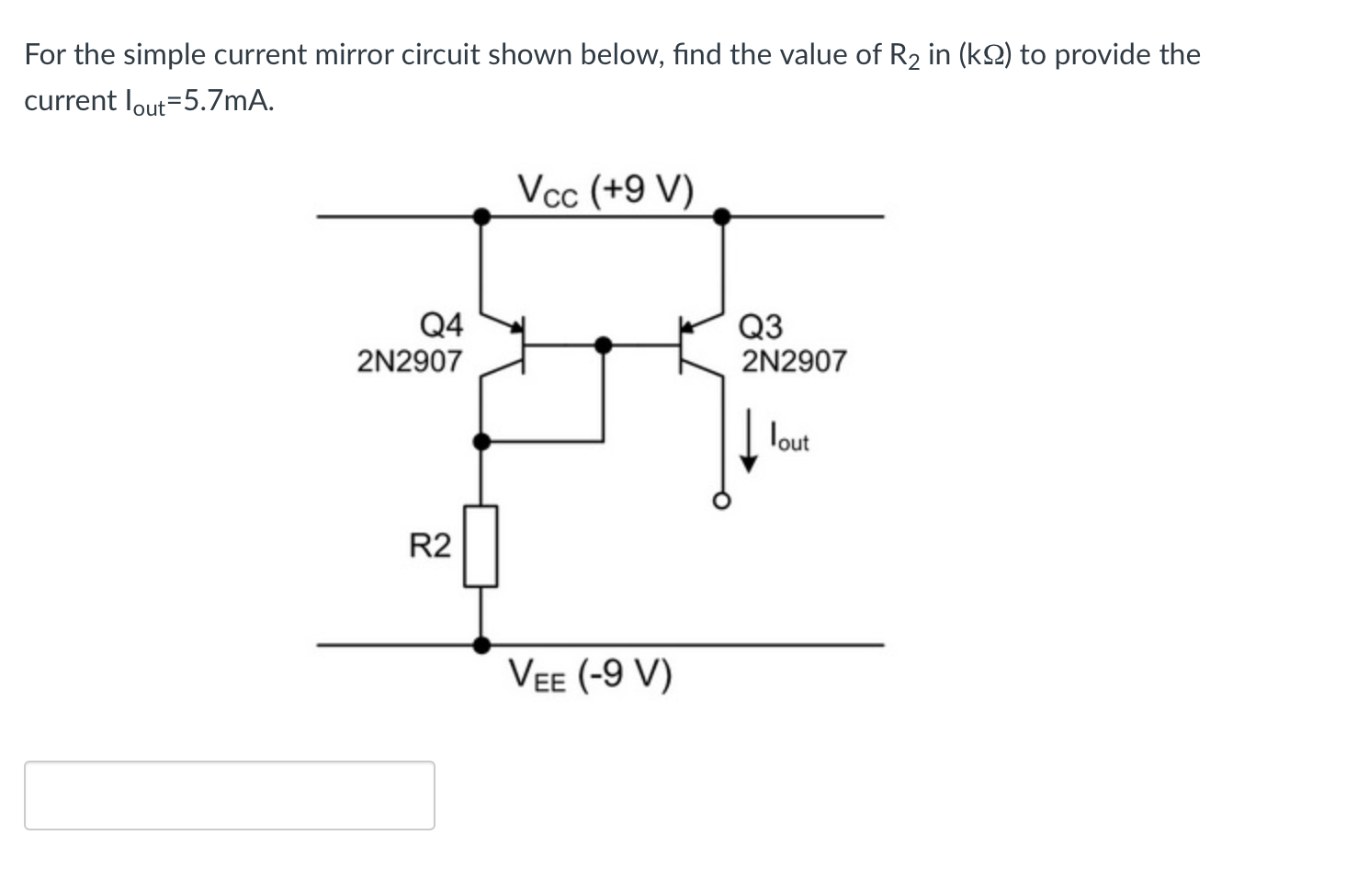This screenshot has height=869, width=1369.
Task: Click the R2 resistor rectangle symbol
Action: [x=481, y=546]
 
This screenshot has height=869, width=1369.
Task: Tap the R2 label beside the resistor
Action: [x=430, y=547]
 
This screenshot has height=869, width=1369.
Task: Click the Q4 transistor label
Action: [x=441, y=324]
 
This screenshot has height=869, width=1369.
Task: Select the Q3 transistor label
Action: [x=761, y=326]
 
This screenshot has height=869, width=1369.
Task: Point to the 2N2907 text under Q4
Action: [x=410, y=361]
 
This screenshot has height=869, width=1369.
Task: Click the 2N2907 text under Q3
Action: [x=794, y=361]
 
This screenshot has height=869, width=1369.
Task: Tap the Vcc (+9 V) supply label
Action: [x=605, y=190]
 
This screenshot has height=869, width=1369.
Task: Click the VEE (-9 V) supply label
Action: [x=591, y=676]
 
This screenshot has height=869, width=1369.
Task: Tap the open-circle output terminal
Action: [x=722, y=501]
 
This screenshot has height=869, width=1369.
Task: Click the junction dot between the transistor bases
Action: [x=603, y=344]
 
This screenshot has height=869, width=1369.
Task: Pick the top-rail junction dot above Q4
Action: [x=481, y=217]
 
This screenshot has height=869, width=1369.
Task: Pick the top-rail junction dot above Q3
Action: [x=722, y=217]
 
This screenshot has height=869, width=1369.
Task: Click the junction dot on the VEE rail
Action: [x=481, y=645]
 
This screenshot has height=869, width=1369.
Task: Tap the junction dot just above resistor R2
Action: [x=481, y=442]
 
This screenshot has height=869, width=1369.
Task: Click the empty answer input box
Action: [x=230, y=796]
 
